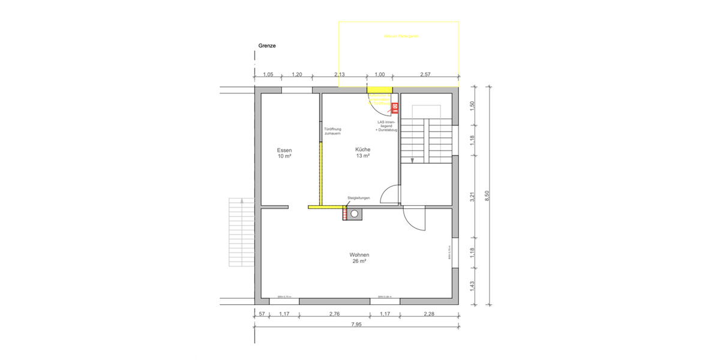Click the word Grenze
[x=267, y=46]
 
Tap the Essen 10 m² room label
[x=284, y=153]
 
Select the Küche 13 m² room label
[x=362, y=152]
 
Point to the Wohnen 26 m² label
[x=359, y=258]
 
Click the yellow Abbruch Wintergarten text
[x=401, y=37]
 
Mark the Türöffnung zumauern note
[x=332, y=131]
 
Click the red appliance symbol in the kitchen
[x=395, y=108]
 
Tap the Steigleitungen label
[x=359, y=198]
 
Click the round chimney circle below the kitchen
[x=355, y=213]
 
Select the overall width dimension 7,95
[x=356, y=325]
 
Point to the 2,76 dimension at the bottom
[x=335, y=314]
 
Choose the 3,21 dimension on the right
[x=472, y=196]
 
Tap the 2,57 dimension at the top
[x=425, y=74]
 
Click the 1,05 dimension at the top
[x=268, y=74]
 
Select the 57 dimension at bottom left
[x=262, y=314]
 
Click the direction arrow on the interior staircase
[x=413, y=160]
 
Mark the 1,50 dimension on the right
[x=472, y=104]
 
